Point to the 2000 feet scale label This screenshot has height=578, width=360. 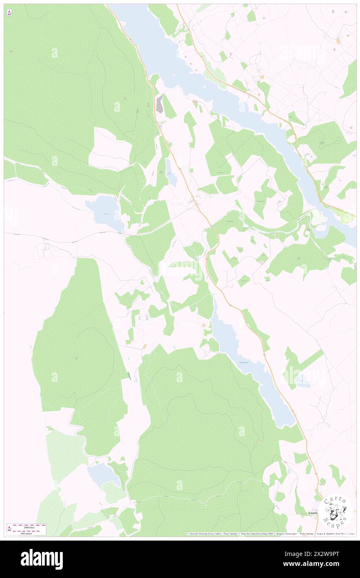pyautogui.click(x=29, y=527)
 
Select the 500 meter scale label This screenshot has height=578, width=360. pyautogui.click(x=29, y=533)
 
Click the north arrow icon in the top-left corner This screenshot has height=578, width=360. pyautogui.click(x=9, y=13)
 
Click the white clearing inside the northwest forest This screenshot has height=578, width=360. pyautogui.click(x=110, y=148)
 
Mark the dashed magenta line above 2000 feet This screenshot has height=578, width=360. pyautogui.click(x=29, y=525)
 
